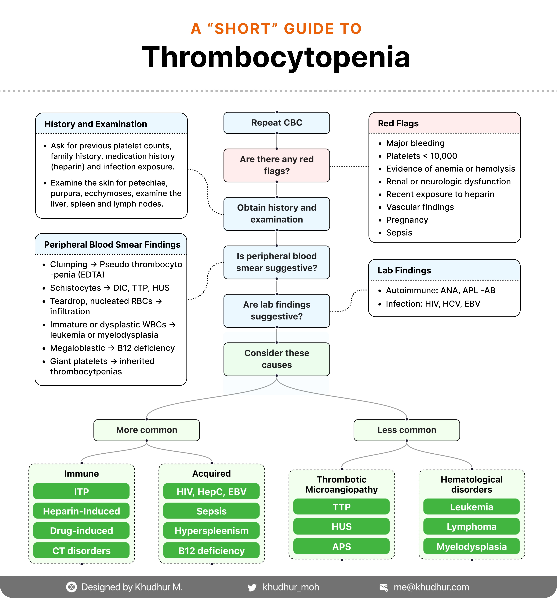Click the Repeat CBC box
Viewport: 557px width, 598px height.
(x=277, y=123)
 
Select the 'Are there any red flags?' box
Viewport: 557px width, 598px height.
(x=277, y=165)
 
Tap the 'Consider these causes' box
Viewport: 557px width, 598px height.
(x=277, y=359)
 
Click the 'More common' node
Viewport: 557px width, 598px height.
(x=147, y=430)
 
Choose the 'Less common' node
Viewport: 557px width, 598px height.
(x=406, y=430)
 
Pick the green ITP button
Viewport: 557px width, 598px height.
(x=81, y=492)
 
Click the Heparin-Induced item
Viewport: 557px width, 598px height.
(x=81, y=511)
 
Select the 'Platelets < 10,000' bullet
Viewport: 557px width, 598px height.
(x=421, y=156)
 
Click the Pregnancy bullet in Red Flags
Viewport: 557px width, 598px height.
(x=407, y=220)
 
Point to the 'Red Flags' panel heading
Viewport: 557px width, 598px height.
(x=398, y=123)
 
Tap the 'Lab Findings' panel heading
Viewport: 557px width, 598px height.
(x=404, y=270)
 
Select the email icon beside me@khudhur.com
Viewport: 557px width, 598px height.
(x=384, y=587)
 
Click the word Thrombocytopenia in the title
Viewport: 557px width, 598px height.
(x=276, y=57)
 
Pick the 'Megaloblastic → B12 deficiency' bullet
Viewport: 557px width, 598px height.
(x=112, y=348)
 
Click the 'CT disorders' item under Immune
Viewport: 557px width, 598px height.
(x=81, y=550)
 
